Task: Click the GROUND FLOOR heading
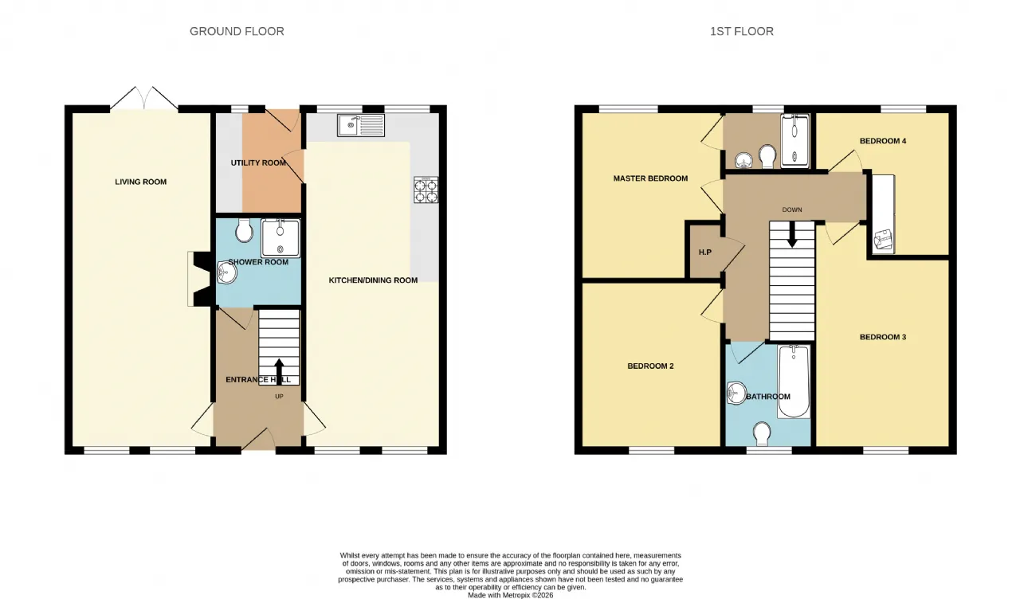point(237,31)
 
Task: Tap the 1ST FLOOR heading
point(742,31)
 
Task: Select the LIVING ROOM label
point(141,182)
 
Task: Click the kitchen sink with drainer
point(361,125)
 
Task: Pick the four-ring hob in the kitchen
point(426,190)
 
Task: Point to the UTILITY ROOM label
point(258,163)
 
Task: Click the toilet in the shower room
point(245,230)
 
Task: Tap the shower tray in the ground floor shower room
point(280,238)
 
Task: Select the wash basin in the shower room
point(227,272)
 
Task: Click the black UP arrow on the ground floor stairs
point(279,372)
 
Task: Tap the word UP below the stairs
point(279,397)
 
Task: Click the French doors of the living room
point(144,98)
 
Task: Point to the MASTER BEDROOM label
point(650,178)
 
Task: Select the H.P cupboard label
point(705,253)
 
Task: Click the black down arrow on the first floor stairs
point(792,234)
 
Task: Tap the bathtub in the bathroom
point(794,382)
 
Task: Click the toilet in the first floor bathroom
point(762,434)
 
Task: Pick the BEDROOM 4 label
point(883,141)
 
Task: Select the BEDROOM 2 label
point(650,366)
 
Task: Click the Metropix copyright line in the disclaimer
point(511,595)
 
